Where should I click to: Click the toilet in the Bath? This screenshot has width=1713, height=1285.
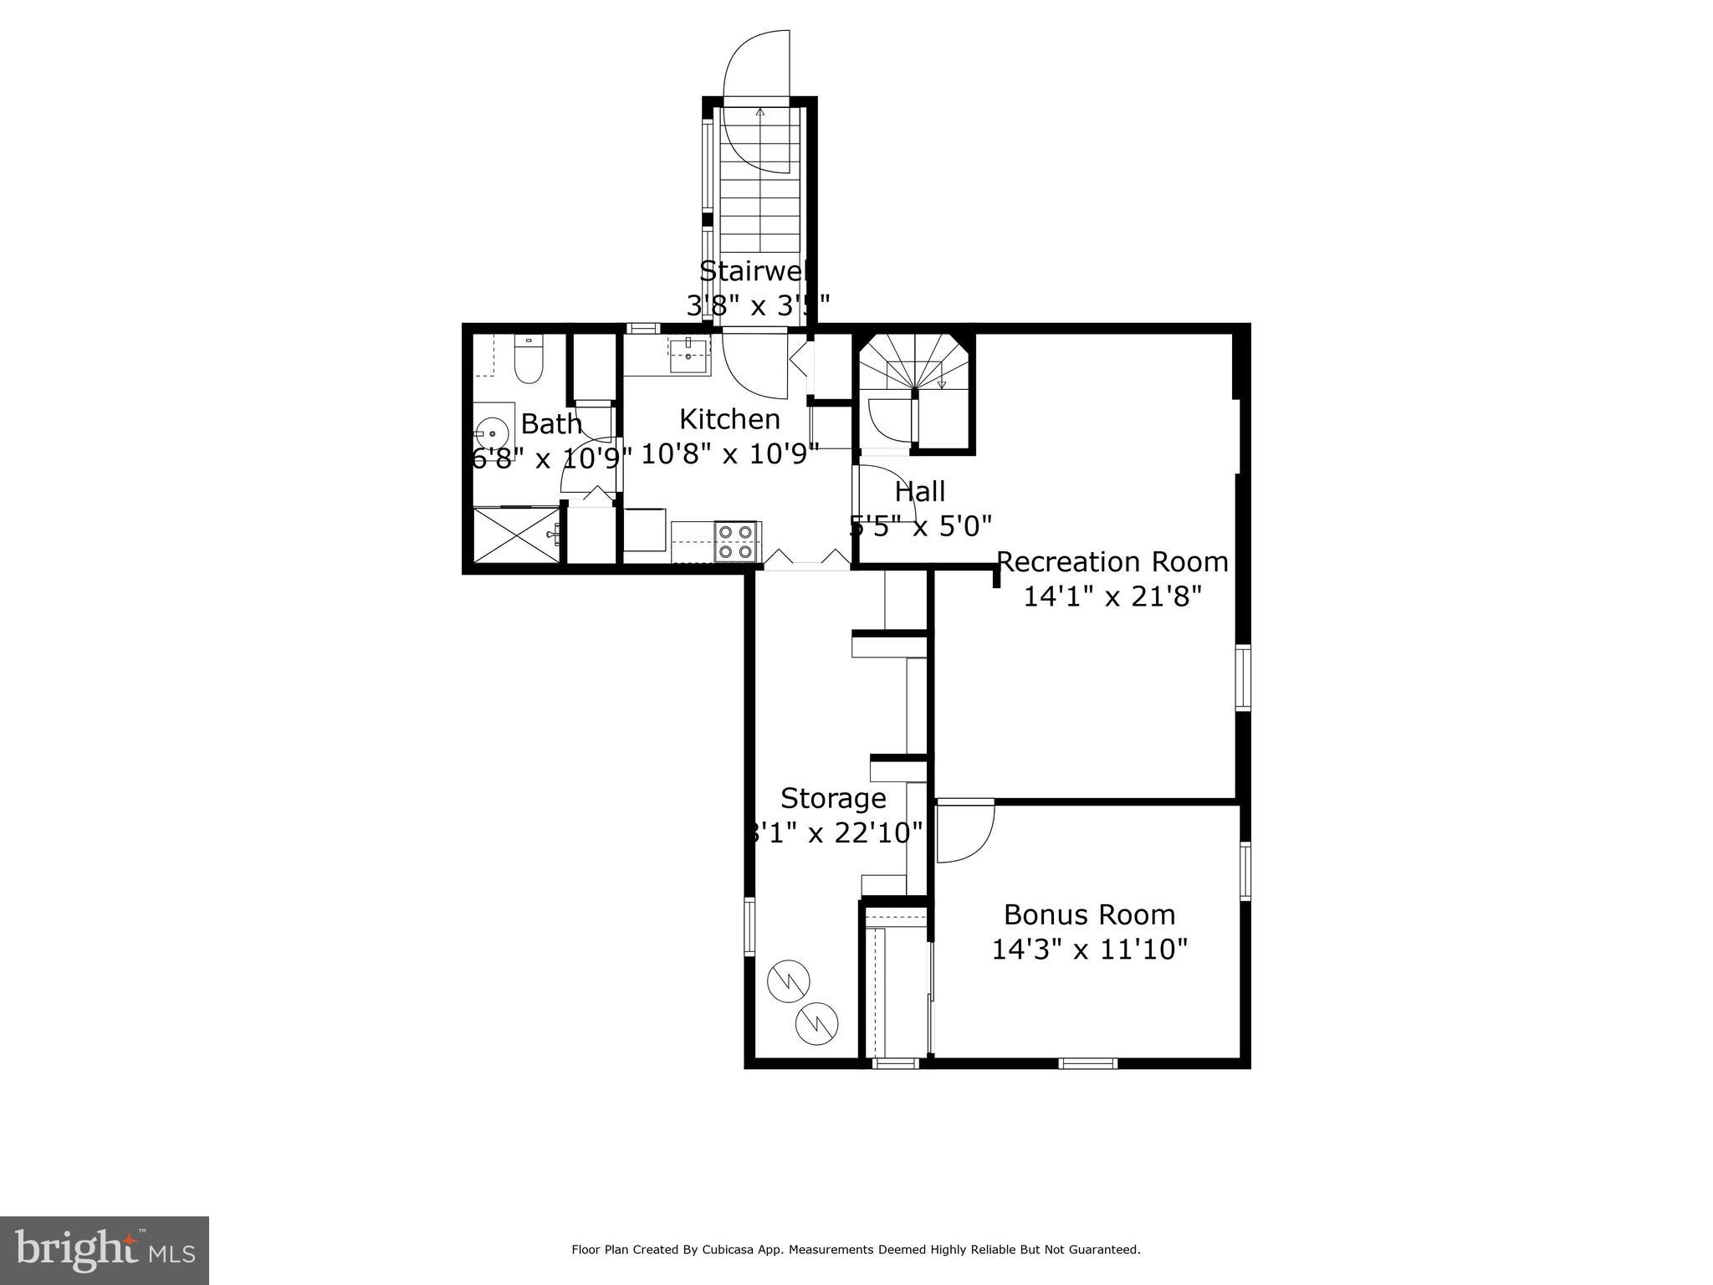tap(528, 361)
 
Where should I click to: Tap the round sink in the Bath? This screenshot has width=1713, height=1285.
tap(493, 433)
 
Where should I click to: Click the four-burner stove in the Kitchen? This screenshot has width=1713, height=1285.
tap(736, 540)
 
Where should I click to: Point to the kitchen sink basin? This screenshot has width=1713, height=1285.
tap(688, 355)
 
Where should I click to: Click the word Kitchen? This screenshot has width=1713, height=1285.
tap(729, 418)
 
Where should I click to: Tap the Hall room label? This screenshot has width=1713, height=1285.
tap(920, 491)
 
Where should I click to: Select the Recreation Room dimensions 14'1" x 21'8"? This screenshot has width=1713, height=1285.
tap(1112, 596)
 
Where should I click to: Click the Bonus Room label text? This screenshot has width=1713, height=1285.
tap(1089, 914)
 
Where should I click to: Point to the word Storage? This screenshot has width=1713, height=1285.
tap(833, 798)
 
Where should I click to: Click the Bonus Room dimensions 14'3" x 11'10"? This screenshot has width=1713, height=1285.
tap(1089, 950)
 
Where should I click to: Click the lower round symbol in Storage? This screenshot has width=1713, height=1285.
tap(816, 1022)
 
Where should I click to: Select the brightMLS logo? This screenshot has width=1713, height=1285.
tap(105, 1250)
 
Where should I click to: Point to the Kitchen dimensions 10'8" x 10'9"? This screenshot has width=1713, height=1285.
tap(729, 453)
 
